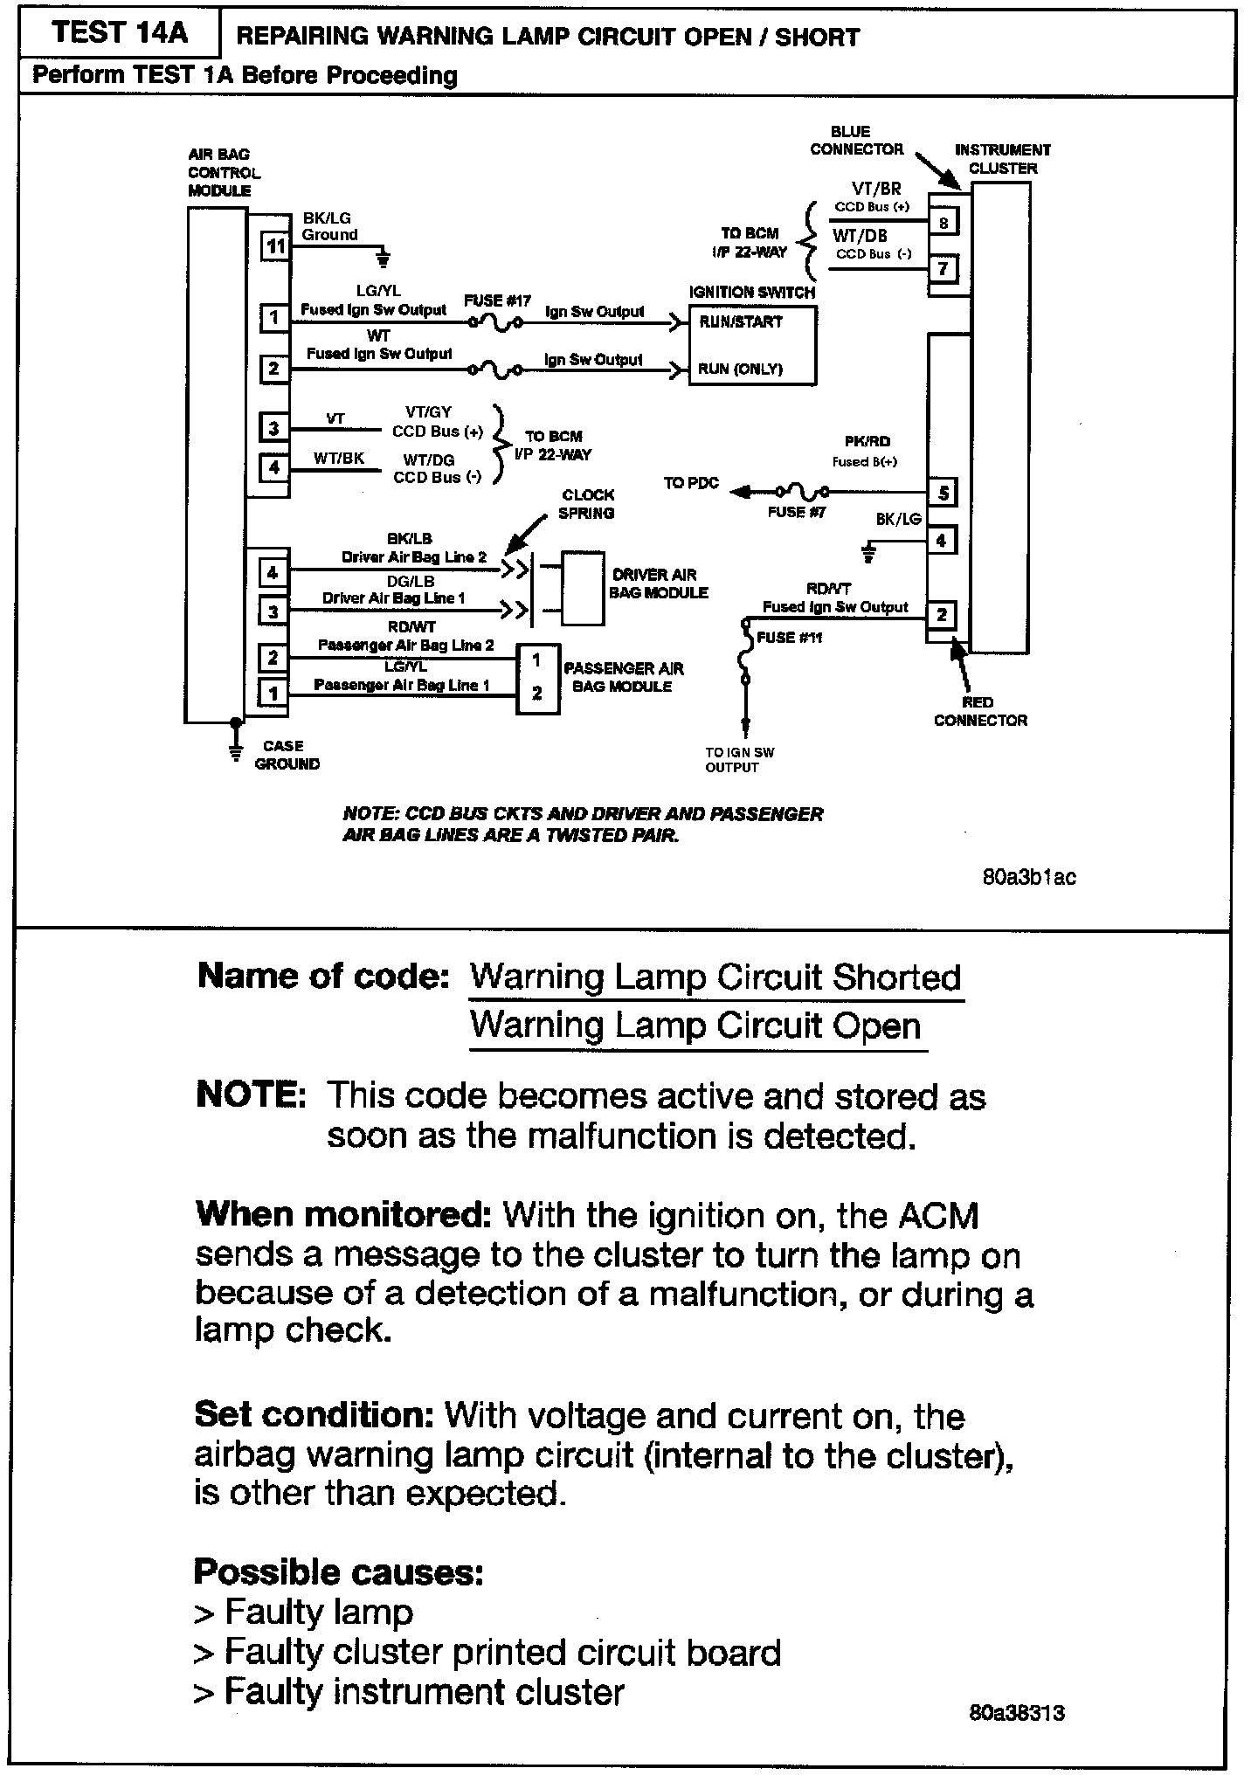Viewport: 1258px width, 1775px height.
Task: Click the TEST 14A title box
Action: point(119,33)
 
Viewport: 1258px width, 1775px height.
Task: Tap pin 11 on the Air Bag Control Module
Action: point(275,247)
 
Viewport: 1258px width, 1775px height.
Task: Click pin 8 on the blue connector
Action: point(943,223)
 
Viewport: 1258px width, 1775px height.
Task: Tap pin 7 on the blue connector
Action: point(943,269)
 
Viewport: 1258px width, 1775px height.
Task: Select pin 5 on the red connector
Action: point(942,494)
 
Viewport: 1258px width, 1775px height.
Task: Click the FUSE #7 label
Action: point(796,513)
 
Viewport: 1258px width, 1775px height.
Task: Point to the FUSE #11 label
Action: point(789,638)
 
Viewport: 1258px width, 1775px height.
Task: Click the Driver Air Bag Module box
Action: point(583,588)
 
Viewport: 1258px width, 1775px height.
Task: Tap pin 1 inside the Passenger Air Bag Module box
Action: point(536,661)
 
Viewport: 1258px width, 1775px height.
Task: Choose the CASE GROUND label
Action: point(287,755)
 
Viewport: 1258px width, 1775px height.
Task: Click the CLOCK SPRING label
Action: point(587,504)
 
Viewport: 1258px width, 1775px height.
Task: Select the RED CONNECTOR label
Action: point(980,711)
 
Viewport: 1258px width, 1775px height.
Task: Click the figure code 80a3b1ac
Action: point(1029,878)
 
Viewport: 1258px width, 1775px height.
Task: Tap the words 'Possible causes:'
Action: point(338,1572)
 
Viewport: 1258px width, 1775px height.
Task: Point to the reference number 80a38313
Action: point(1017,1713)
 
